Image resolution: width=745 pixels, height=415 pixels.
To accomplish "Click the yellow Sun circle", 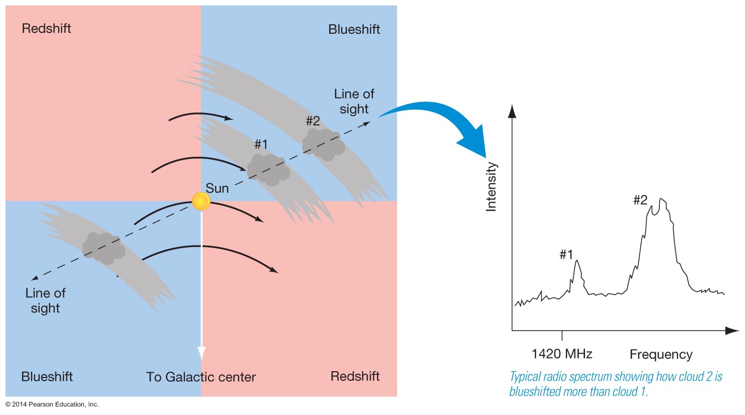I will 201,201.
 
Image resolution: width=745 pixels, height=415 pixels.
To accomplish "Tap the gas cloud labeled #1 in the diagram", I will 269,169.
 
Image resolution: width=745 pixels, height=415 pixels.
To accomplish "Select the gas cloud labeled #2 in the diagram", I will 323,144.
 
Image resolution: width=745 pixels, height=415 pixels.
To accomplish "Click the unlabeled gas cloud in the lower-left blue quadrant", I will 103,248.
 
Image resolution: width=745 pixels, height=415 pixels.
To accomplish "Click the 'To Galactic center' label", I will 201,377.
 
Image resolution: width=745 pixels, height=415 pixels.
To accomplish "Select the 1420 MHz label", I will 562,354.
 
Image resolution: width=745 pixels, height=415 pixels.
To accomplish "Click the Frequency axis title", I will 661,354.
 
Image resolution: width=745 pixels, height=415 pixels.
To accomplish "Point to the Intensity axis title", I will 492,187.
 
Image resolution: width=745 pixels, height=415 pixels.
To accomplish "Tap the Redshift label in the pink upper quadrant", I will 46,29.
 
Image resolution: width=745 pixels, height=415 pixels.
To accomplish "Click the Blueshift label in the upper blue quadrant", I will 354,29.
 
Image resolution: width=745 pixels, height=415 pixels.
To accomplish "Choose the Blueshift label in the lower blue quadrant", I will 47,376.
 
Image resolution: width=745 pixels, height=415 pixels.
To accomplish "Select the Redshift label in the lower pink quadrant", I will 355,376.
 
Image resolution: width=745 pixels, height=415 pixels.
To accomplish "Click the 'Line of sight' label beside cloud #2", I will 354,101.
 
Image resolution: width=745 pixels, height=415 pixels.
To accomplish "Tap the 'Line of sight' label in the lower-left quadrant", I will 45,300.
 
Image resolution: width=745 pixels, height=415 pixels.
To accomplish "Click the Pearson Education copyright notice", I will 52,404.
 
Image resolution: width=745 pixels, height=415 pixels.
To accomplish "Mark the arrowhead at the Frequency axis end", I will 732,331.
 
